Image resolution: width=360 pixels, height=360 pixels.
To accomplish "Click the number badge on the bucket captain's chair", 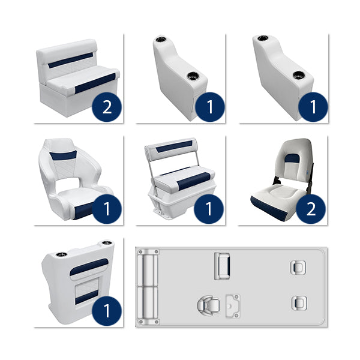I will click(x=107, y=209).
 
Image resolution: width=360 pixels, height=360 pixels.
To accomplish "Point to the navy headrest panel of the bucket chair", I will click(x=62, y=155).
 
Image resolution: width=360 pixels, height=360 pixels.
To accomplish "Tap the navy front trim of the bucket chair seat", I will click(x=84, y=210).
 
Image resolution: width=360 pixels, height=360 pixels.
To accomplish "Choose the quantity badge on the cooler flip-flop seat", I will click(x=209, y=209).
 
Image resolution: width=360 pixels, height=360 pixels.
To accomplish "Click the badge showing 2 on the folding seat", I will click(x=311, y=209).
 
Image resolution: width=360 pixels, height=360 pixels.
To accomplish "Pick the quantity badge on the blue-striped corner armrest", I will click(x=107, y=311).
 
